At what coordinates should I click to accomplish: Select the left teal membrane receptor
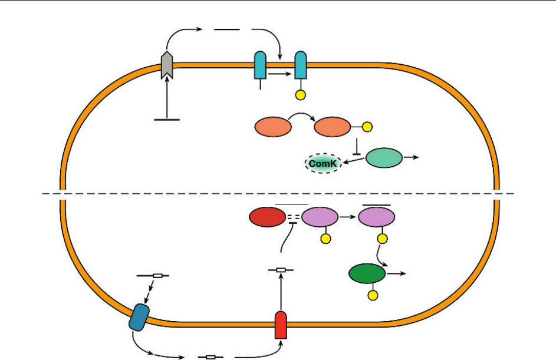coord(260,65)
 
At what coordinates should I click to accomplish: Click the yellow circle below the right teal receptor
coord(301,95)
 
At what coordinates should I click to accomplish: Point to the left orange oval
coord(273,127)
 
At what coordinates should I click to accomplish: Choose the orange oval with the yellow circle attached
coord(333,127)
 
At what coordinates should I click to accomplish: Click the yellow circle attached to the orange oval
coord(367,127)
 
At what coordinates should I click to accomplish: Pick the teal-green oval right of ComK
coord(384,158)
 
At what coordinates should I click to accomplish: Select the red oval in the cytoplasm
coord(267,217)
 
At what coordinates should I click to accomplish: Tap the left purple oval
coord(320,217)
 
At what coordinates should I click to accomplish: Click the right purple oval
coord(377,217)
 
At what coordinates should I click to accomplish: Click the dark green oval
coord(367,274)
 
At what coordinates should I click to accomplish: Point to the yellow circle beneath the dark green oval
coord(372,295)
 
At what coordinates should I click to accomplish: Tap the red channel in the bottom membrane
coord(281,323)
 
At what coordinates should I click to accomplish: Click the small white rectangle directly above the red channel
coord(281,270)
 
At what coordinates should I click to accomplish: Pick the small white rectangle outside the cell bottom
coord(210,356)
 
